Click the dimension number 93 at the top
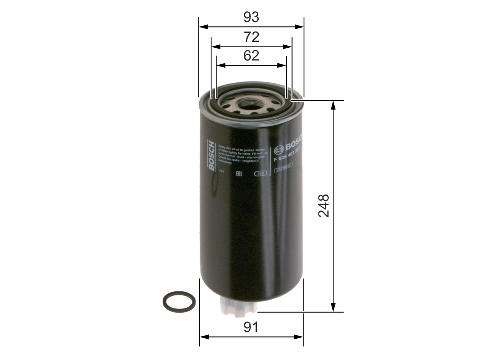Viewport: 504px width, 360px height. [x=251, y=17]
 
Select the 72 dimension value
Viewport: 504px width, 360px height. [x=251, y=37]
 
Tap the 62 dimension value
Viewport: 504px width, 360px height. [x=251, y=56]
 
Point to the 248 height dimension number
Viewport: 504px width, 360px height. [x=324, y=206]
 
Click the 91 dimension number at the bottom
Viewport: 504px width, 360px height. [x=251, y=327]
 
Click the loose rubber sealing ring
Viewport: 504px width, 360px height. [x=179, y=302]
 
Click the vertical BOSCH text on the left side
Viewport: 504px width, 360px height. [x=212, y=156]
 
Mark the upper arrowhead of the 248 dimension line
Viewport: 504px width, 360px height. [x=334, y=104]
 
